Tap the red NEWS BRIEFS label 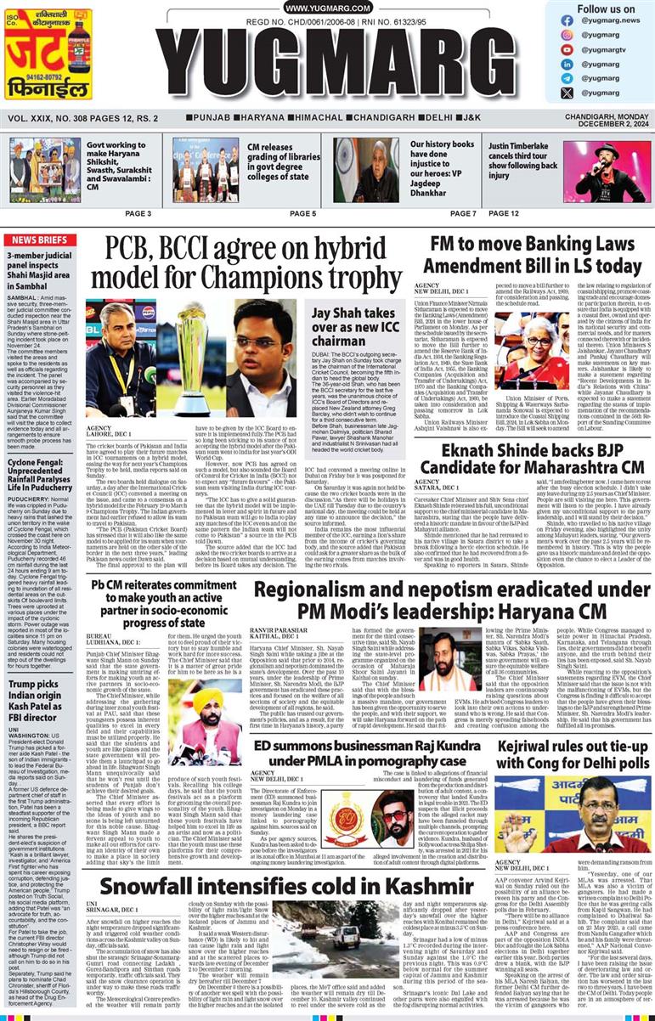click(40, 240)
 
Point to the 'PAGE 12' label click(504, 213)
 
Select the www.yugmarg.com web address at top click(326, 8)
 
